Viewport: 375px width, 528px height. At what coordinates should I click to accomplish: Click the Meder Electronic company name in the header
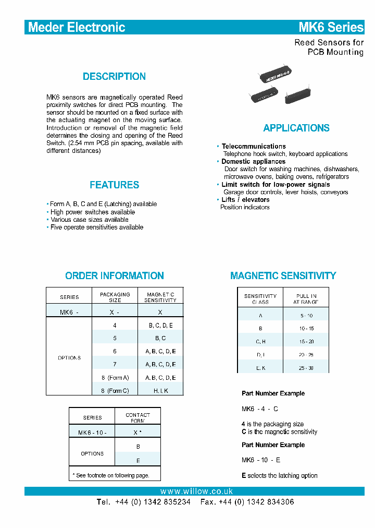(x=77, y=27)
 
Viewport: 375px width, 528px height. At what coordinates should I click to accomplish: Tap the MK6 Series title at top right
(x=331, y=27)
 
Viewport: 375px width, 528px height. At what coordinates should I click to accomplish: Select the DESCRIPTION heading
(x=114, y=77)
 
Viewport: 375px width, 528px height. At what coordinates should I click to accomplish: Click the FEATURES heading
(x=114, y=185)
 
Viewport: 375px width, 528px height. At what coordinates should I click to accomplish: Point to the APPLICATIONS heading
(x=296, y=128)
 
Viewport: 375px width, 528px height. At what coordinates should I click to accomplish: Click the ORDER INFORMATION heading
(x=114, y=276)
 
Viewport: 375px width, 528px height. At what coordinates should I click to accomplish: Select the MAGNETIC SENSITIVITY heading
(x=283, y=276)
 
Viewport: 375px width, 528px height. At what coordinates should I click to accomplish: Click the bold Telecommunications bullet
(x=253, y=147)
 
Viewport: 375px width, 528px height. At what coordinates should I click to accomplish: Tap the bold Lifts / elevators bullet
(x=245, y=200)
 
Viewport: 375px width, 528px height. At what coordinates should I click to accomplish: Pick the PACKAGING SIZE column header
(x=115, y=297)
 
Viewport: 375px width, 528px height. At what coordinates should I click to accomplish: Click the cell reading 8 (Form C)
(x=115, y=391)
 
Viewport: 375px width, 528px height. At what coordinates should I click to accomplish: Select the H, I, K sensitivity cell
(x=160, y=391)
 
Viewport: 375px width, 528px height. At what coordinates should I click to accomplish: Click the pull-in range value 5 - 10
(x=306, y=316)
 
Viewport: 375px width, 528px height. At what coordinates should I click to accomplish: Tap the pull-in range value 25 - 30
(x=306, y=368)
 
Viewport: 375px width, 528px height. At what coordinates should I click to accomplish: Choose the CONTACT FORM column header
(x=137, y=417)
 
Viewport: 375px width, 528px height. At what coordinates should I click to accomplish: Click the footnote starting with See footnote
(x=110, y=475)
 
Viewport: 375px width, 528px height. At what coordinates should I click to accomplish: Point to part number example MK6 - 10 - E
(x=261, y=460)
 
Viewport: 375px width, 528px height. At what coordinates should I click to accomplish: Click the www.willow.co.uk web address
(x=196, y=491)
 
